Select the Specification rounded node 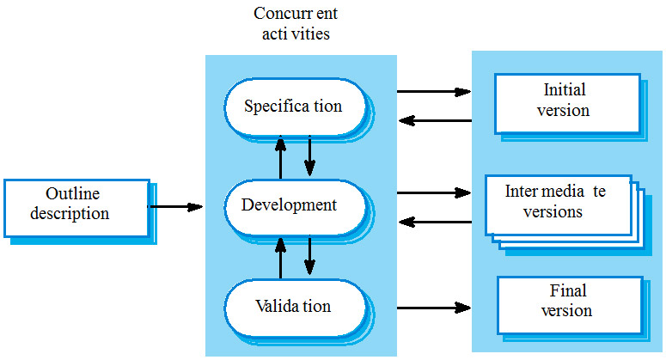click(x=294, y=107)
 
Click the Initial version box click(x=567, y=101)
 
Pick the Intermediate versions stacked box click(x=557, y=203)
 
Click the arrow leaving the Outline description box click(x=176, y=206)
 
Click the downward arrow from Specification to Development click(x=309, y=156)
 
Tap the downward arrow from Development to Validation click(x=309, y=256)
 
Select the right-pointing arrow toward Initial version click(x=434, y=91)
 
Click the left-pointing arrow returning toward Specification click(x=434, y=120)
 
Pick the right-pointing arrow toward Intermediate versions click(x=434, y=192)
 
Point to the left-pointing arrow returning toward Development click(x=434, y=222)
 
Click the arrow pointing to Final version click(x=434, y=307)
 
